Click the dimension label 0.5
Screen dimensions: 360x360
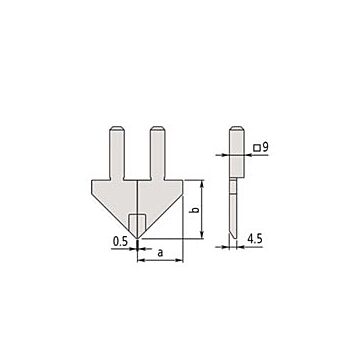[x=120, y=242]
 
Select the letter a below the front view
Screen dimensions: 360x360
[x=160, y=253]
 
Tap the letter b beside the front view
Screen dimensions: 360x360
[x=197, y=210]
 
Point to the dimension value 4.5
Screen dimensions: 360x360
[x=254, y=239]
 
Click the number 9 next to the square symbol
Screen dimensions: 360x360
[x=265, y=147]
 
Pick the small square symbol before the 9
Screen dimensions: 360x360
[x=256, y=148]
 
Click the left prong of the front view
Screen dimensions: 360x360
[x=118, y=153]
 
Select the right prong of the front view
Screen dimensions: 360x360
[x=158, y=153]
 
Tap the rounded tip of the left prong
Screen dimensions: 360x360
[x=118, y=128]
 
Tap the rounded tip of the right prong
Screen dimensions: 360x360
[x=158, y=128]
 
